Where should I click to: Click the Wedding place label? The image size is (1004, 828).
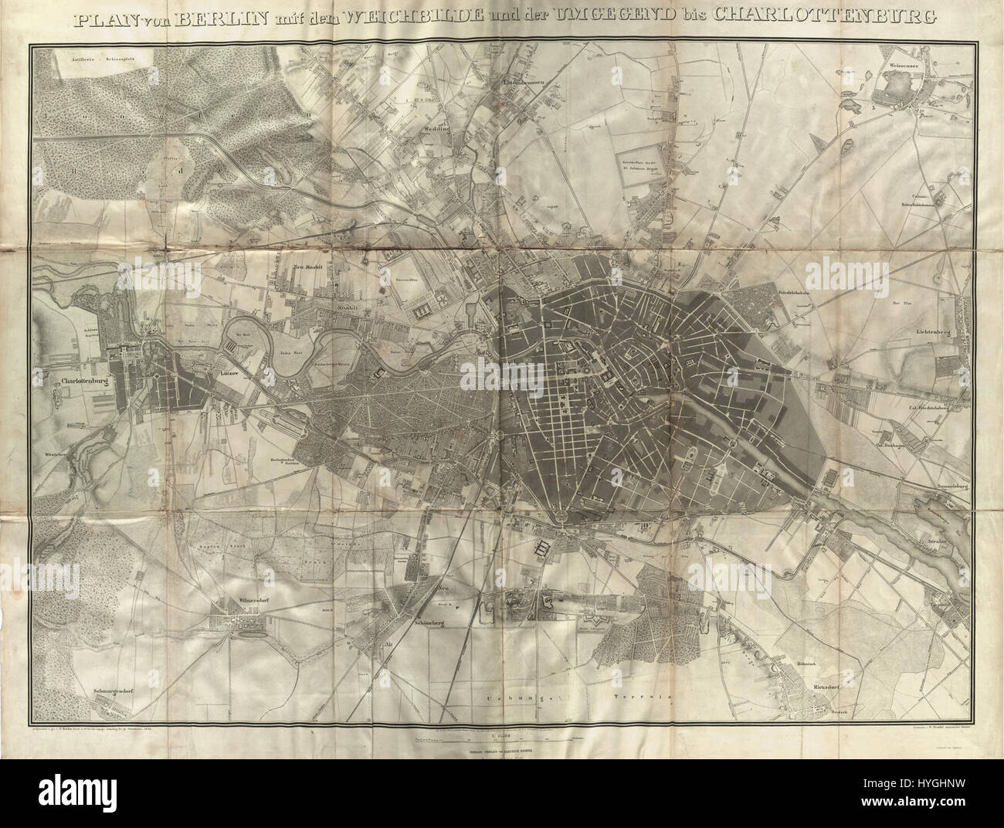(436, 130)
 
